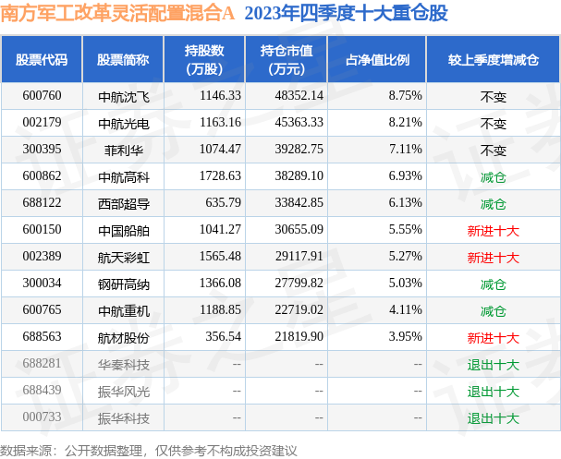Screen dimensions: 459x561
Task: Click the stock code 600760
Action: pos(42,95)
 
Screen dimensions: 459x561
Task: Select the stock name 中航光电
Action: pos(123,123)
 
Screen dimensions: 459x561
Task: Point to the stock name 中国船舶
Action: pos(123,230)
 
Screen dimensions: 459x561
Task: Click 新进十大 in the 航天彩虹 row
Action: pos(493,258)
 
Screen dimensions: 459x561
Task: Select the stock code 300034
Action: pos(42,284)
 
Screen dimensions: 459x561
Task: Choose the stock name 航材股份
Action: pos(123,338)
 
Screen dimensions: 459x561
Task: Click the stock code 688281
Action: pos(42,365)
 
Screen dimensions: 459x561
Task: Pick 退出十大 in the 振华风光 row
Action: pos(493,392)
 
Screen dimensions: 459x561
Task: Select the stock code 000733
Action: pos(42,418)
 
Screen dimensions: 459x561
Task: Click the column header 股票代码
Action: pos(42,60)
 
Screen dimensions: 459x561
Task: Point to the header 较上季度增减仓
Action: pos(493,60)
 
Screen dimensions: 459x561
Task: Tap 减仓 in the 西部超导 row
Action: pos(493,203)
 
